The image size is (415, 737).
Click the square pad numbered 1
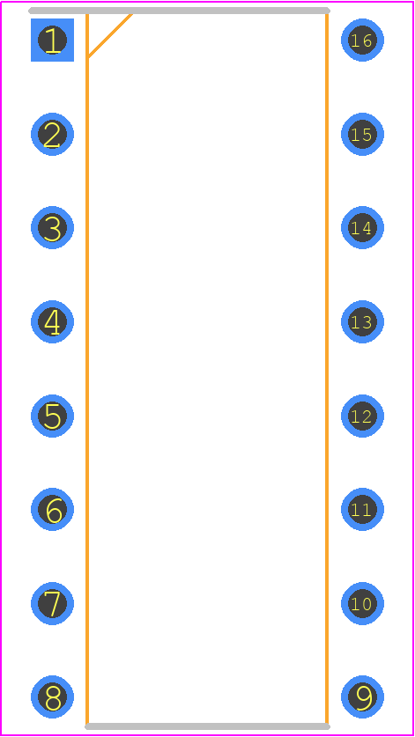click(x=52, y=40)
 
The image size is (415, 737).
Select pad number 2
click(x=52, y=134)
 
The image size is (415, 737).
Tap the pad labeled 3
click(x=52, y=227)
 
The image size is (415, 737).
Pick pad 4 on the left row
click(x=52, y=322)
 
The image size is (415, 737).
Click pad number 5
click(x=52, y=416)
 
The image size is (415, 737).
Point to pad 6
click(x=52, y=510)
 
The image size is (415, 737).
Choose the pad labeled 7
click(x=52, y=603)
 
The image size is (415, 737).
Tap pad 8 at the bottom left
click(x=52, y=697)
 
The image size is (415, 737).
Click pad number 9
click(x=362, y=697)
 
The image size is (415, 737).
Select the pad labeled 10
click(x=362, y=603)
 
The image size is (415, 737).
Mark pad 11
click(x=362, y=510)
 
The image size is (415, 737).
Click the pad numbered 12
click(x=362, y=416)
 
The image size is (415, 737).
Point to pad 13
click(x=362, y=322)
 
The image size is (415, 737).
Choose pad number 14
click(x=362, y=227)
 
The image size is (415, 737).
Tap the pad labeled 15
click(x=362, y=134)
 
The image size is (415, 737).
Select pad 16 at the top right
click(x=362, y=40)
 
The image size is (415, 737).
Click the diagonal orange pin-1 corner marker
click(x=109, y=36)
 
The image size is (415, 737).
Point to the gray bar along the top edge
click(x=179, y=11)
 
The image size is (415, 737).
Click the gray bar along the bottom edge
click(x=208, y=726)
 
